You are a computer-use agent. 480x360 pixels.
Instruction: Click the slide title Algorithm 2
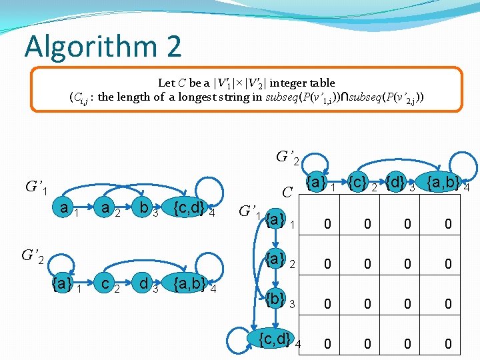(103, 46)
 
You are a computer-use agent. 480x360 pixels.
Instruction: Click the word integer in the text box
(285, 83)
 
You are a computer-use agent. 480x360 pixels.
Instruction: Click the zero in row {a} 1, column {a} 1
(327, 225)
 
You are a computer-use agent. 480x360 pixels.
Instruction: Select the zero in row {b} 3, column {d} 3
(408, 305)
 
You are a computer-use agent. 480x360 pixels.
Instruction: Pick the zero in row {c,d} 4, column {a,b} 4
(448, 344)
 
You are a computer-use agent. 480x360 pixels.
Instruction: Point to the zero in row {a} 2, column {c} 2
(367, 265)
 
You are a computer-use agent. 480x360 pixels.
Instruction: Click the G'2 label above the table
(287, 159)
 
